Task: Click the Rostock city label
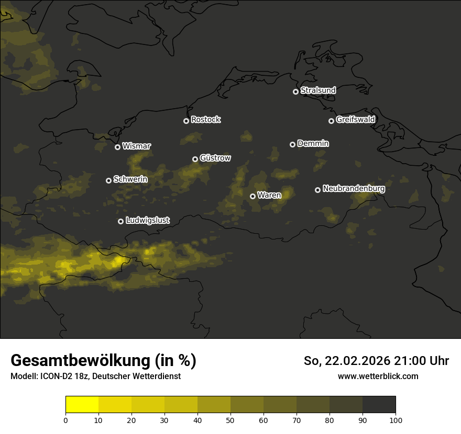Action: pyautogui.click(x=206, y=120)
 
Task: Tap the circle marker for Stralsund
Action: pyautogui.click(x=295, y=92)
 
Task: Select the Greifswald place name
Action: pyautogui.click(x=355, y=119)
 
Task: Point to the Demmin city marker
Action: pyautogui.click(x=292, y=144)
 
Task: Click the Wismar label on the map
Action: pyautogui.click(x=136, y=146)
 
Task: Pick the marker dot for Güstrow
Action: pyautogui.click(x=195, y=159)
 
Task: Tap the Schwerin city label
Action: pyautogui.click(x=130, y=179)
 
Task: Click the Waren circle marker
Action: pyautogui.click(x=253, y=196)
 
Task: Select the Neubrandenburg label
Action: pyautogui.click(x=354, y=188)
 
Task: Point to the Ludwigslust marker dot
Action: pyautogui.click(x=120, y=221)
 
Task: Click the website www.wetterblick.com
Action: pyautogui.click(x=378, y=376)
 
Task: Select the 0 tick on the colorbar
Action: pyautogui.click(x=65, y=420)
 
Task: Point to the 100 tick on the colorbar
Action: pyautogui.click(x=396, y=420)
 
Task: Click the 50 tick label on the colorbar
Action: pyautogui.click(x=230, y=420)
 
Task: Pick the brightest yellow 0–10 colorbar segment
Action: pyautogui.click(x=82, y=404)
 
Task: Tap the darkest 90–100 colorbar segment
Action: pyautogui.click(x=379, y=404)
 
